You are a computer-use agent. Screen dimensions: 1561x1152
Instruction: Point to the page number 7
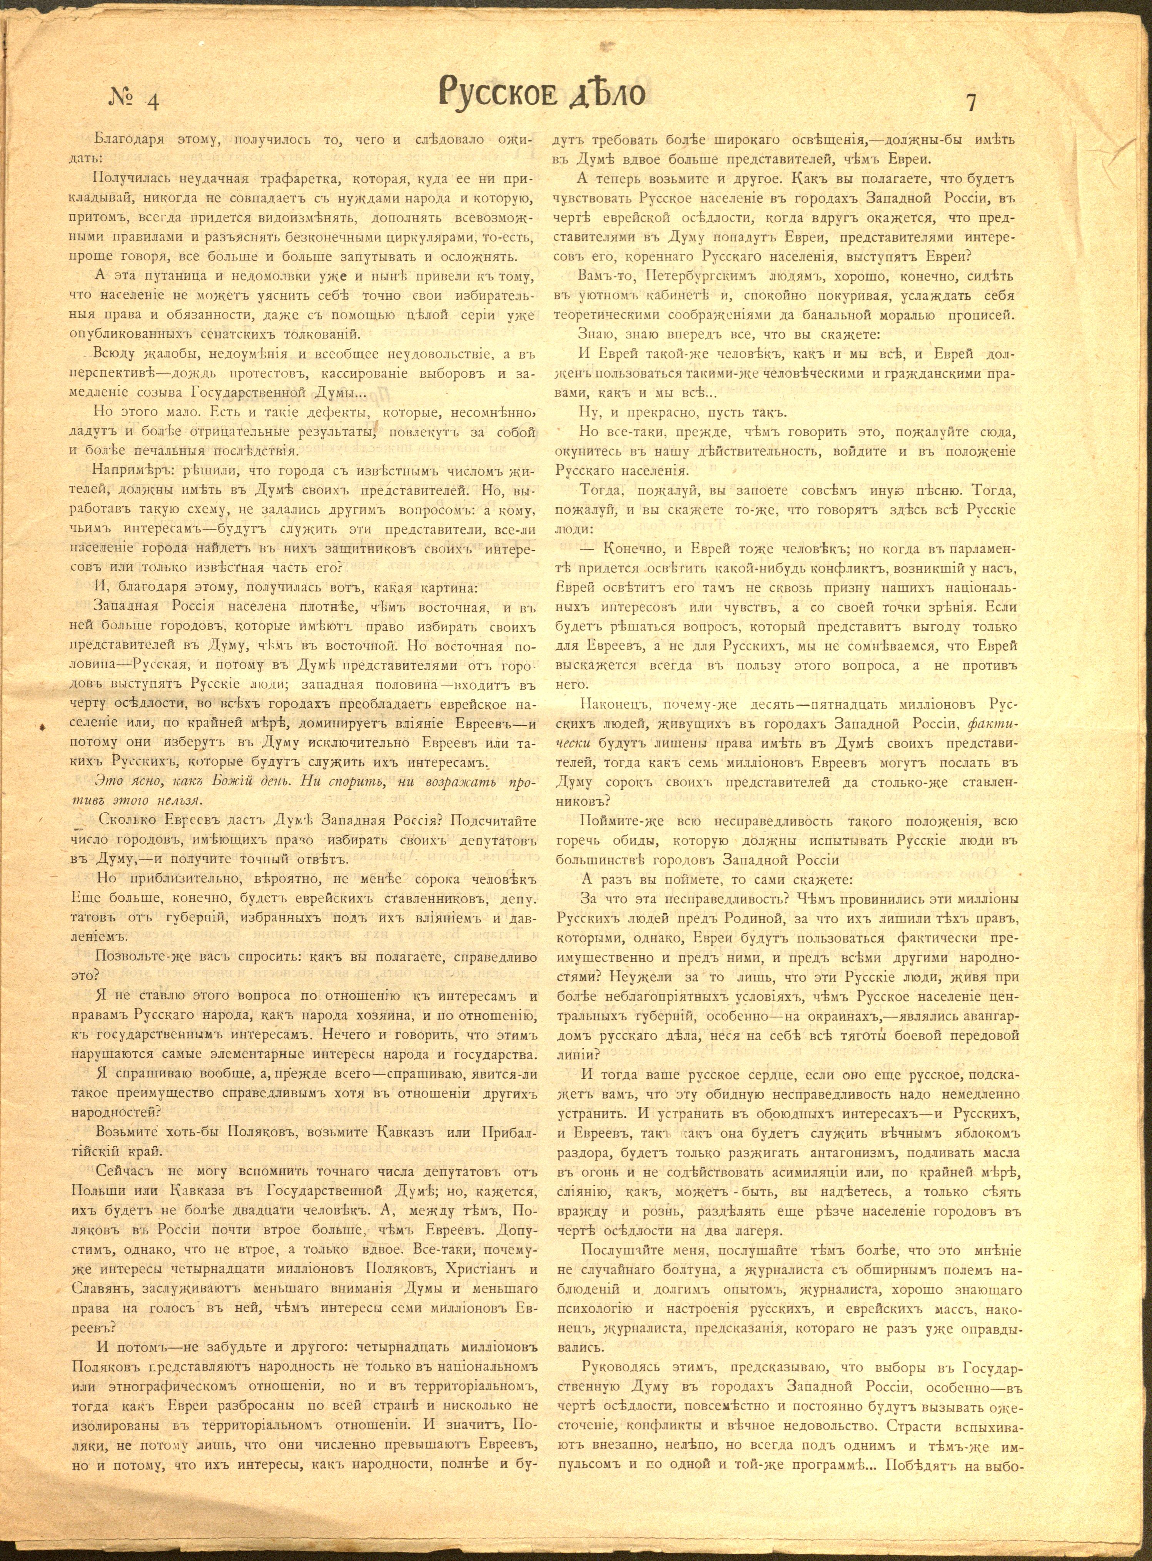972,102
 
